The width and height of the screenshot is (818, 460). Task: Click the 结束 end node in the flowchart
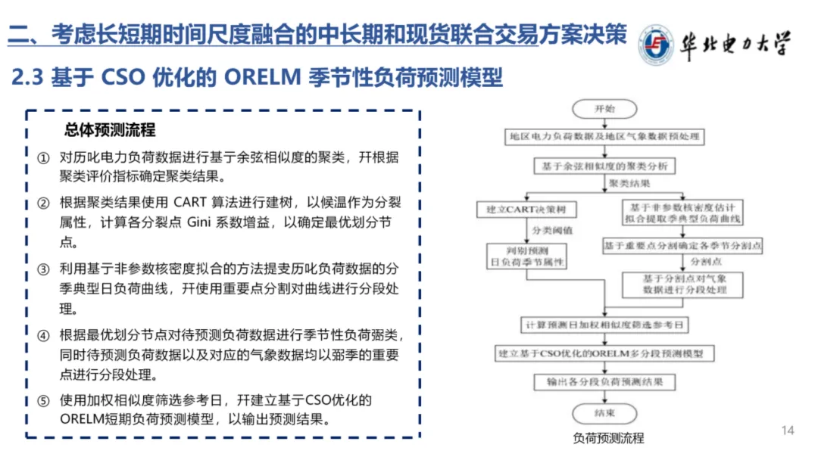click(x=604, y=413)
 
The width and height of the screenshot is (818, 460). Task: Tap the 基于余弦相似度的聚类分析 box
click(x=604, y=165)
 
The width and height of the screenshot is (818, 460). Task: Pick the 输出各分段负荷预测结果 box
click(x=604, y=383)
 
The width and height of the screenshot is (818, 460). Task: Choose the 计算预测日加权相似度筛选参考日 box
click(x=604, y=325)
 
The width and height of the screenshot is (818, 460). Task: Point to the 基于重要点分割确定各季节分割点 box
click(x=682, y=246)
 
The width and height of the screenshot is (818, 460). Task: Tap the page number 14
click(x=788, y=430)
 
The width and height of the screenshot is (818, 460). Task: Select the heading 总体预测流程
click(x=111, y=129)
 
